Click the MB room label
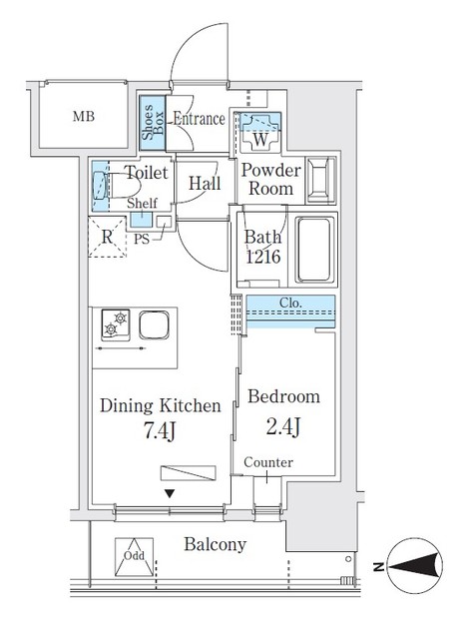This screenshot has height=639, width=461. (x=86, y=117)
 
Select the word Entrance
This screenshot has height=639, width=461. (x=199, y=119)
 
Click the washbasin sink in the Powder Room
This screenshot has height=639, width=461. (x=321, y=180)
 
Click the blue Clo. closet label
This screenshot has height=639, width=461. (x=290, y=303)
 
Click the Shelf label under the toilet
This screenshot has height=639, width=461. (x=143, y=203)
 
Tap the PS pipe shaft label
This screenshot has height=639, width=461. (x=143, y=240)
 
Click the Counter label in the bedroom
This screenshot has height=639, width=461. (x=267, y=462)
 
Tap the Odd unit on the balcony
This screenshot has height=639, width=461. (x=134, y=560)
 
